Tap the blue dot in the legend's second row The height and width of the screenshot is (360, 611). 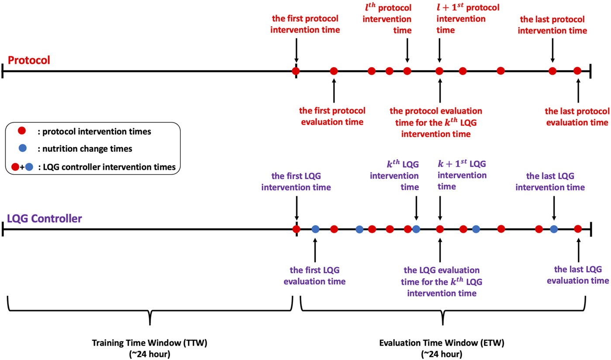[x=23, y=149]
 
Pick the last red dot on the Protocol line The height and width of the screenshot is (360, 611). [x=577, y=71]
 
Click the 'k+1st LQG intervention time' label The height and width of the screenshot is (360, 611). [x=462, y=175]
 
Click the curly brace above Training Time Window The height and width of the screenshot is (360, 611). [x=150, y=310]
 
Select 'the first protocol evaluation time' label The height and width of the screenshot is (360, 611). [x=332, y=116]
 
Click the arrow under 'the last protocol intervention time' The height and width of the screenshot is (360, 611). [x=552, y=50]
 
